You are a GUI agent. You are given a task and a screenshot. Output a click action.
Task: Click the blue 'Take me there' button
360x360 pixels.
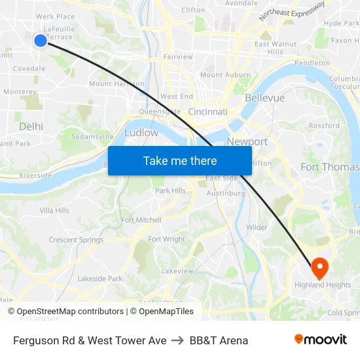pos(180,160)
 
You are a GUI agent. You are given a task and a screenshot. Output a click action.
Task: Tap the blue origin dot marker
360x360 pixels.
pos(40,41)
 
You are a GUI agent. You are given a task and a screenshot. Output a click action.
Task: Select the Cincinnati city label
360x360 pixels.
pos(207,112)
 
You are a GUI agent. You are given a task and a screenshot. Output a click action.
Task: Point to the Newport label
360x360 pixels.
pos(247,141)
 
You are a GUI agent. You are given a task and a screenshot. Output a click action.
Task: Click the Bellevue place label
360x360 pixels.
pos(264,98)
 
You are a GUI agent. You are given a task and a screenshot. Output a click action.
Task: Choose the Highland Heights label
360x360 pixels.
pos(322,285)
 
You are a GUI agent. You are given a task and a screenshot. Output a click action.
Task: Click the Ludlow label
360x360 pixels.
pos(141,132)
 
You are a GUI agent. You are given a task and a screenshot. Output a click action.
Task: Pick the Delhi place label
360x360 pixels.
pos(31,126)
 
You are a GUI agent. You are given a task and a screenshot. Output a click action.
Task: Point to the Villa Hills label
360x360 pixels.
pos(54,210)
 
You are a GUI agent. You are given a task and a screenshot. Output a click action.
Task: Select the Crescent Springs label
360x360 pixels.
pos(76,240)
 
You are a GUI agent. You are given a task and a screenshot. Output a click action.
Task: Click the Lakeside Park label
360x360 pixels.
pos(99,278)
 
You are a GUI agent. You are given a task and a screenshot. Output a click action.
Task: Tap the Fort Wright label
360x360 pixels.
pos(166,240)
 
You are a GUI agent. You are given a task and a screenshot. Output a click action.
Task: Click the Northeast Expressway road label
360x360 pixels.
pos(292,10)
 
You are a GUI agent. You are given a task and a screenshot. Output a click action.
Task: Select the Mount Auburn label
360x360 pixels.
pos(225,75)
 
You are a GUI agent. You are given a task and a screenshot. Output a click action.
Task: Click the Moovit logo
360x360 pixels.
pos(320,340)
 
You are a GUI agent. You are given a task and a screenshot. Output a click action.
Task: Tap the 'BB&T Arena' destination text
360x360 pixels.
pos(219,340)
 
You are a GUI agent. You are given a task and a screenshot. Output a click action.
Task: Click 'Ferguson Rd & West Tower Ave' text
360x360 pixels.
pos(90,340)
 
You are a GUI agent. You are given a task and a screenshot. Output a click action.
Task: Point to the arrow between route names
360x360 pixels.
pos(178,340)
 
